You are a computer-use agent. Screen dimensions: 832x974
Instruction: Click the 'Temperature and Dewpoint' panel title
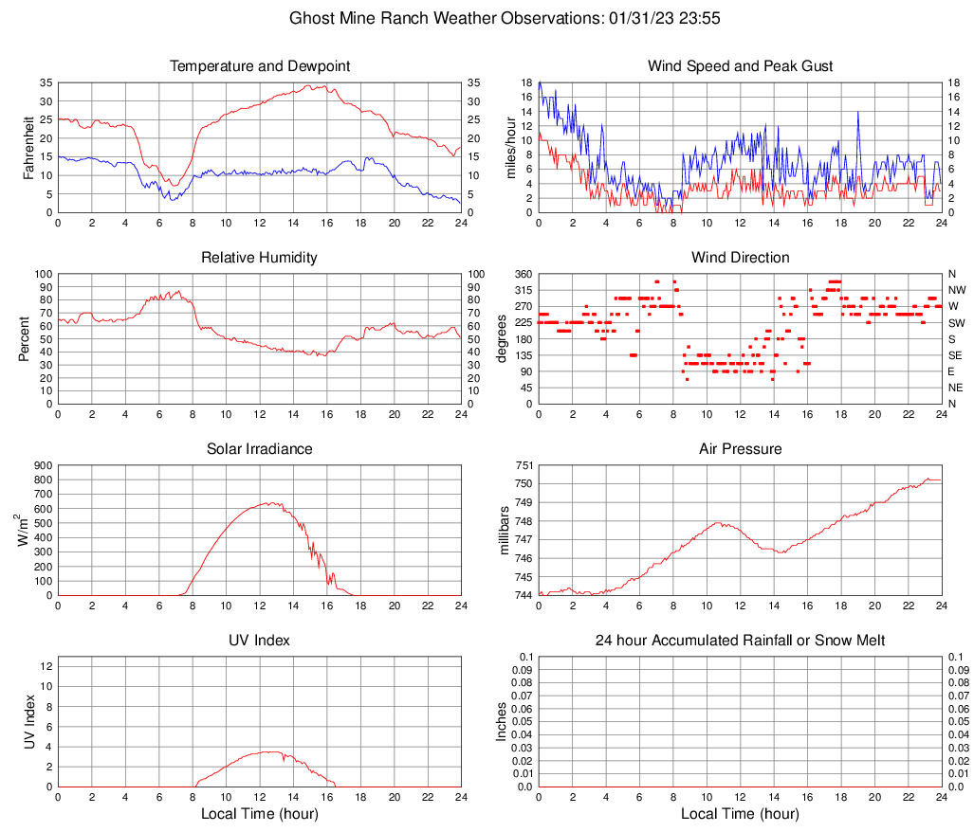[260, 66]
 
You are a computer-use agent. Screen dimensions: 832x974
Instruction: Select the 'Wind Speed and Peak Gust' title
[740, 66]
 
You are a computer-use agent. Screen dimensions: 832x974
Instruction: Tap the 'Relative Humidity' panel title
[260, 258]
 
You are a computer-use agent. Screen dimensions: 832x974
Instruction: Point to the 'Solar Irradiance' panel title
[260, 448]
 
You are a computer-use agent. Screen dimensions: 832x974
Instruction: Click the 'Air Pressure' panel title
[740, 448]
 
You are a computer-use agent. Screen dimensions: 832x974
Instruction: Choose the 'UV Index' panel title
[260, 641]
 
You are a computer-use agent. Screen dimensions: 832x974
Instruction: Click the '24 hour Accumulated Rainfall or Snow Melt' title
[740, 641]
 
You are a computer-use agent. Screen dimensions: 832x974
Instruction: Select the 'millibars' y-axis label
[505, 531]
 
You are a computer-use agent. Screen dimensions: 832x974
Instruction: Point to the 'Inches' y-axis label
[503, 722]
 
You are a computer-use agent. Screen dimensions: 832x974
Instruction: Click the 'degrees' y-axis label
[503, 338]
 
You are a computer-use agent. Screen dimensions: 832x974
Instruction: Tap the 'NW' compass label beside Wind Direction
[956, 290]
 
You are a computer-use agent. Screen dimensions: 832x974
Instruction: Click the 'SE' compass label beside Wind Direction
[956, 355]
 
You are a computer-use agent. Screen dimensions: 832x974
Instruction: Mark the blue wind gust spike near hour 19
[858, 112]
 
